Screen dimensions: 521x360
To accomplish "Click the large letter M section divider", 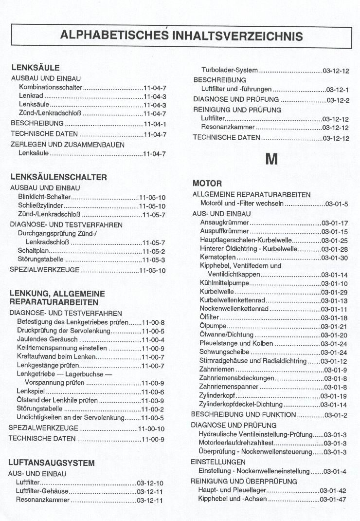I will click(x=271, y=159).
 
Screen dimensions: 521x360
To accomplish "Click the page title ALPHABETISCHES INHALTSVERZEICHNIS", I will click(x=181, y=36).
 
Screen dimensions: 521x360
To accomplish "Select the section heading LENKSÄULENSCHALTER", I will click(x=58, y=177).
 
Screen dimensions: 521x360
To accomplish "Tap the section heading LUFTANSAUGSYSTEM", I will click(x=51, y=463).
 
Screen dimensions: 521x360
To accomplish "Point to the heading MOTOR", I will click(x=207, y=184).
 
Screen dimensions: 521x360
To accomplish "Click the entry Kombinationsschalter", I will click(x=51, y=88).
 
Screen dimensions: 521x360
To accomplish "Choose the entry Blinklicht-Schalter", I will click(x=44, y=197).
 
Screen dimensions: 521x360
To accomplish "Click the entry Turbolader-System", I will click(x=229, y=71).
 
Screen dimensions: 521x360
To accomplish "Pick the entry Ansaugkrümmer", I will click(x=224, y=223).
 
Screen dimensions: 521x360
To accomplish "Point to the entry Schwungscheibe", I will click(x=225, y=353).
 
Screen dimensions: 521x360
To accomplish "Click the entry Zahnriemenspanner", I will click(x=229, y=387).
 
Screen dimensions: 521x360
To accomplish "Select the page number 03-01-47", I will click(x=333, y=499).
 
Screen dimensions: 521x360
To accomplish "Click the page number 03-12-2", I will click(x=338, y=100).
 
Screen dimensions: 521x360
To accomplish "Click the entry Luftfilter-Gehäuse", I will click(x=42, y=491).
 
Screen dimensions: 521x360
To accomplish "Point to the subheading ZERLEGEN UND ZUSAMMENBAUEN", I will click(x=67, y=145).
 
